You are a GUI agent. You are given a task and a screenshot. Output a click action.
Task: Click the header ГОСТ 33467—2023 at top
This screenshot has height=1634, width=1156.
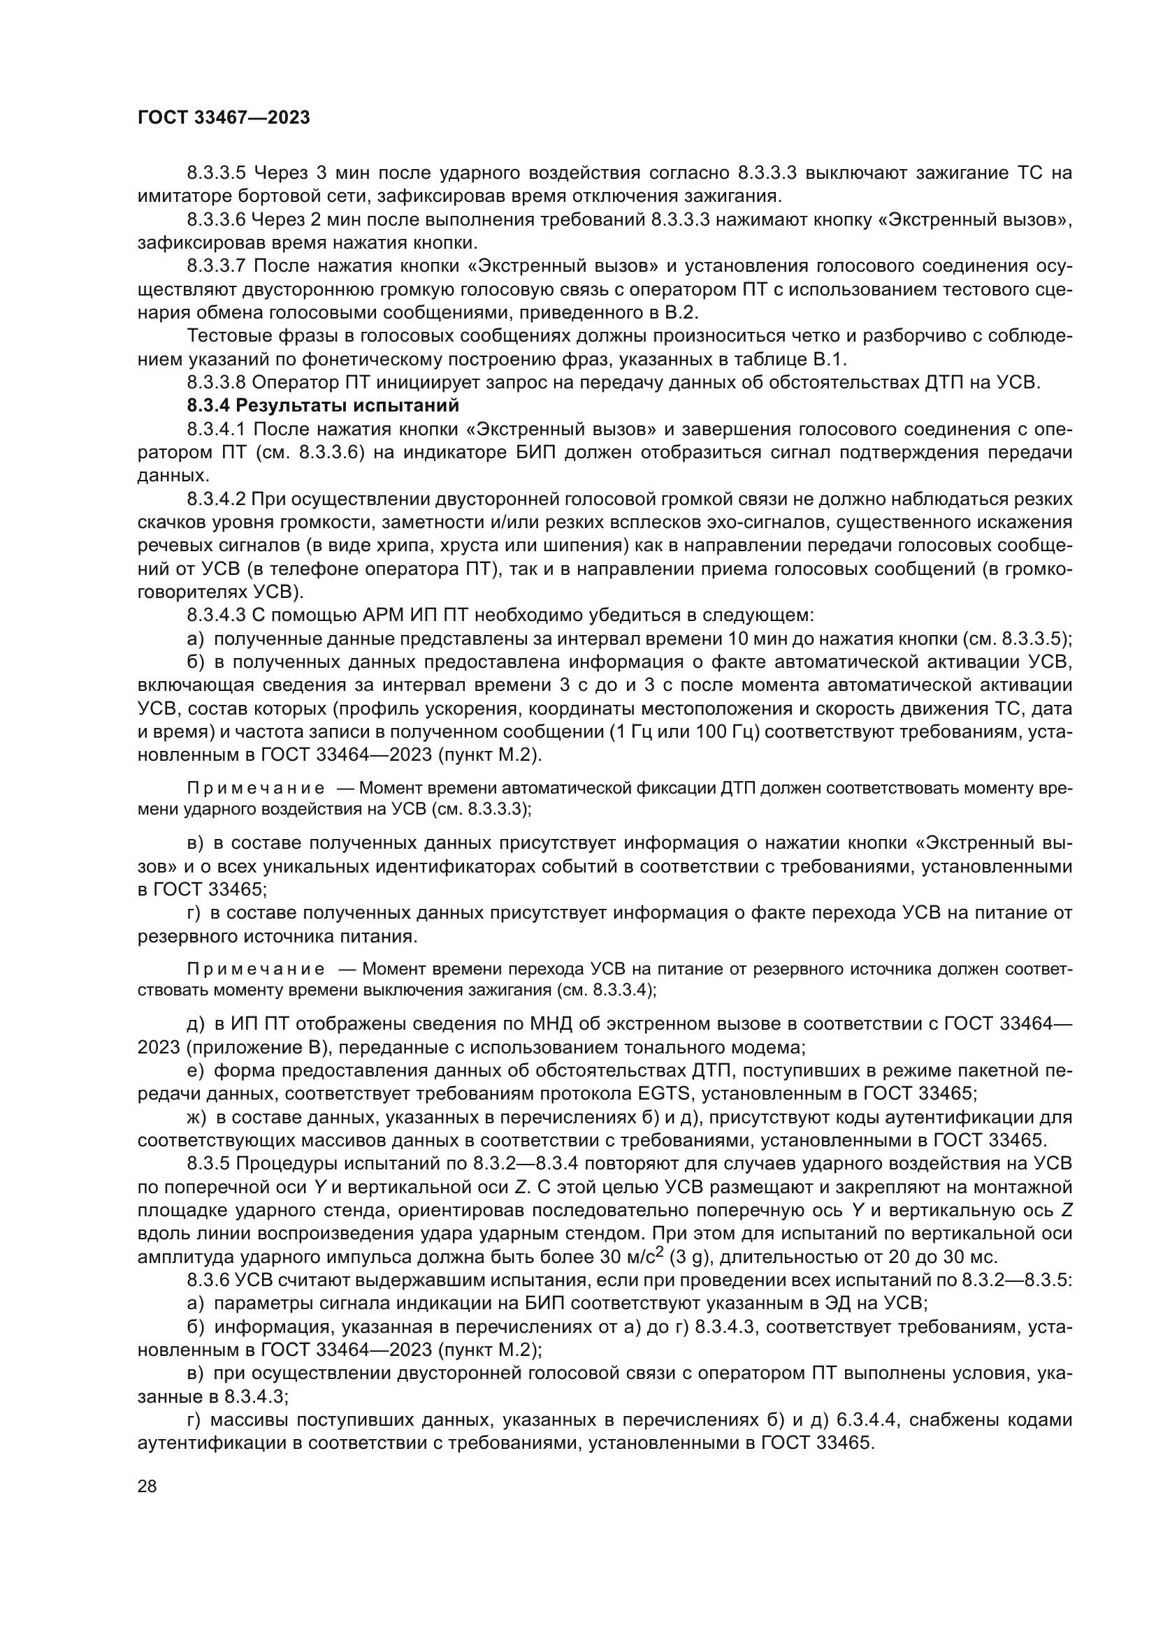click(x=224, y=118)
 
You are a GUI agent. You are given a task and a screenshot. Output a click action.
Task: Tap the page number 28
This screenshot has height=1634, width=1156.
click(x=147, y=1486)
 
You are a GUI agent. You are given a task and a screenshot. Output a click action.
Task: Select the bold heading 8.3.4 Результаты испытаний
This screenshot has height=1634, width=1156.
click(x=323, y=406)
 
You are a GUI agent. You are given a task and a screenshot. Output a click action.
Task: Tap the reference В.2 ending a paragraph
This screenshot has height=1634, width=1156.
click(x=683, y=312)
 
